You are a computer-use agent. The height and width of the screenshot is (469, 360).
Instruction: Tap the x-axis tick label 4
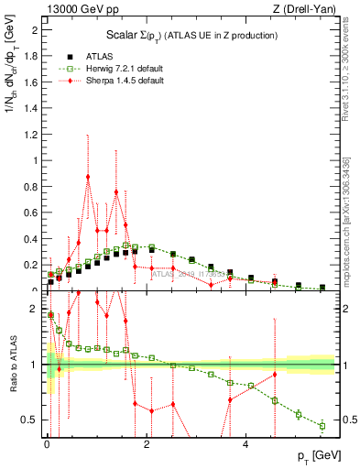tap(245, 444)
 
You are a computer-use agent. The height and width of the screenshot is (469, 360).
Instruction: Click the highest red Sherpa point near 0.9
tap(88, 177)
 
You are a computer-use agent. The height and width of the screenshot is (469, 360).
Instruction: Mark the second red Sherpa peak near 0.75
tap(116, 191)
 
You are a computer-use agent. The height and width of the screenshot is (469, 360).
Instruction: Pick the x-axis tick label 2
tap(147, 444)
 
